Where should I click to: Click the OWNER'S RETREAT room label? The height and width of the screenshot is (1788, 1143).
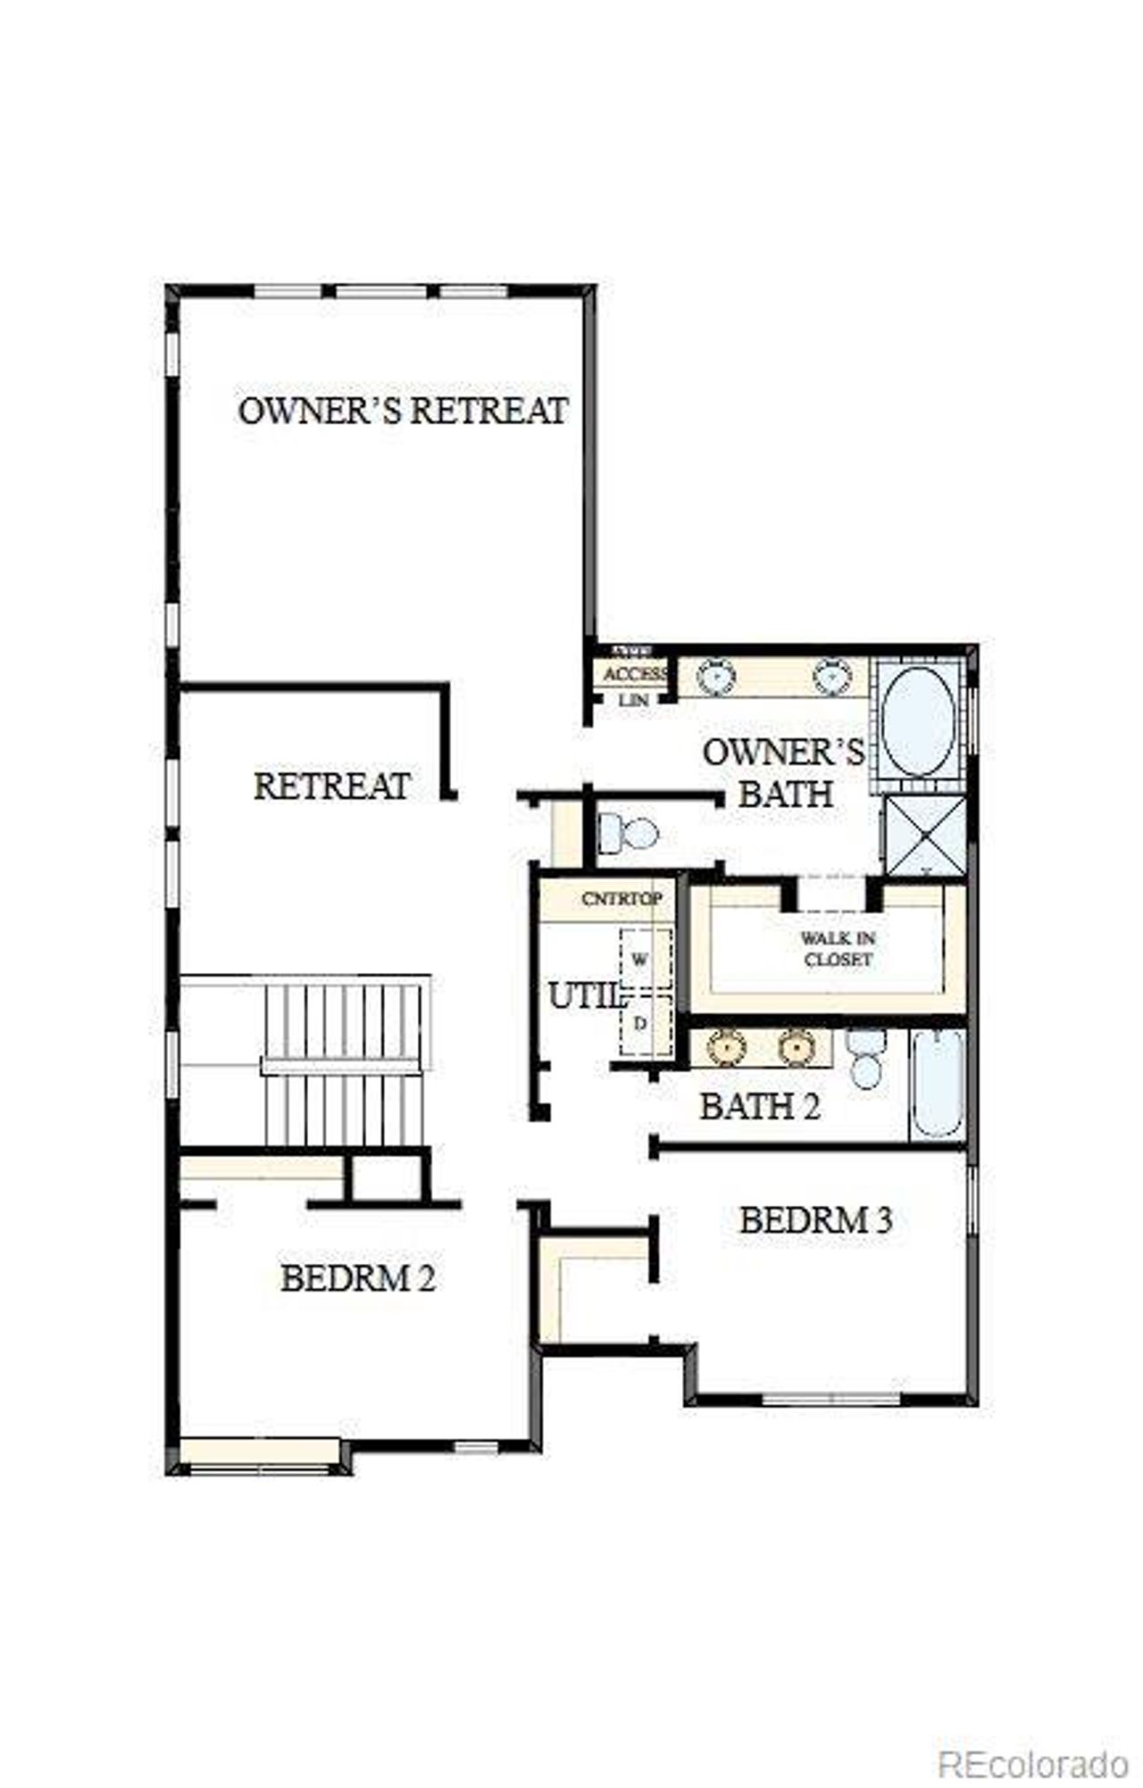pyautogui.click(x=403, y=411)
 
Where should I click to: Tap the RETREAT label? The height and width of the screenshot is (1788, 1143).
pyautogui.click(x=332, y=786)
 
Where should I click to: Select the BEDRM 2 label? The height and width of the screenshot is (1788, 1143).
pyautogui.click(x=358, y=1279)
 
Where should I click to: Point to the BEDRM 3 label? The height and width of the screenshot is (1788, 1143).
pyautogui.click(x=815, y=1220)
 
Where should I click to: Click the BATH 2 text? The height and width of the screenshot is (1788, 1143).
pyautogui.click(x=759, y=1107)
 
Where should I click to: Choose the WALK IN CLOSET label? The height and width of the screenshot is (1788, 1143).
pyautogui.click(x=837, y=949)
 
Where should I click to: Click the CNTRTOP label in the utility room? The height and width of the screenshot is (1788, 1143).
pyautogui.click(x=622, y=899)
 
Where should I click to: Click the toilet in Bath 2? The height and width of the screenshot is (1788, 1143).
pyautogui.click(x=865, y=1059)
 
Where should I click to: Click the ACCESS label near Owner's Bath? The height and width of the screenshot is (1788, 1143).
pyautogui.click(x=635, y=673)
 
